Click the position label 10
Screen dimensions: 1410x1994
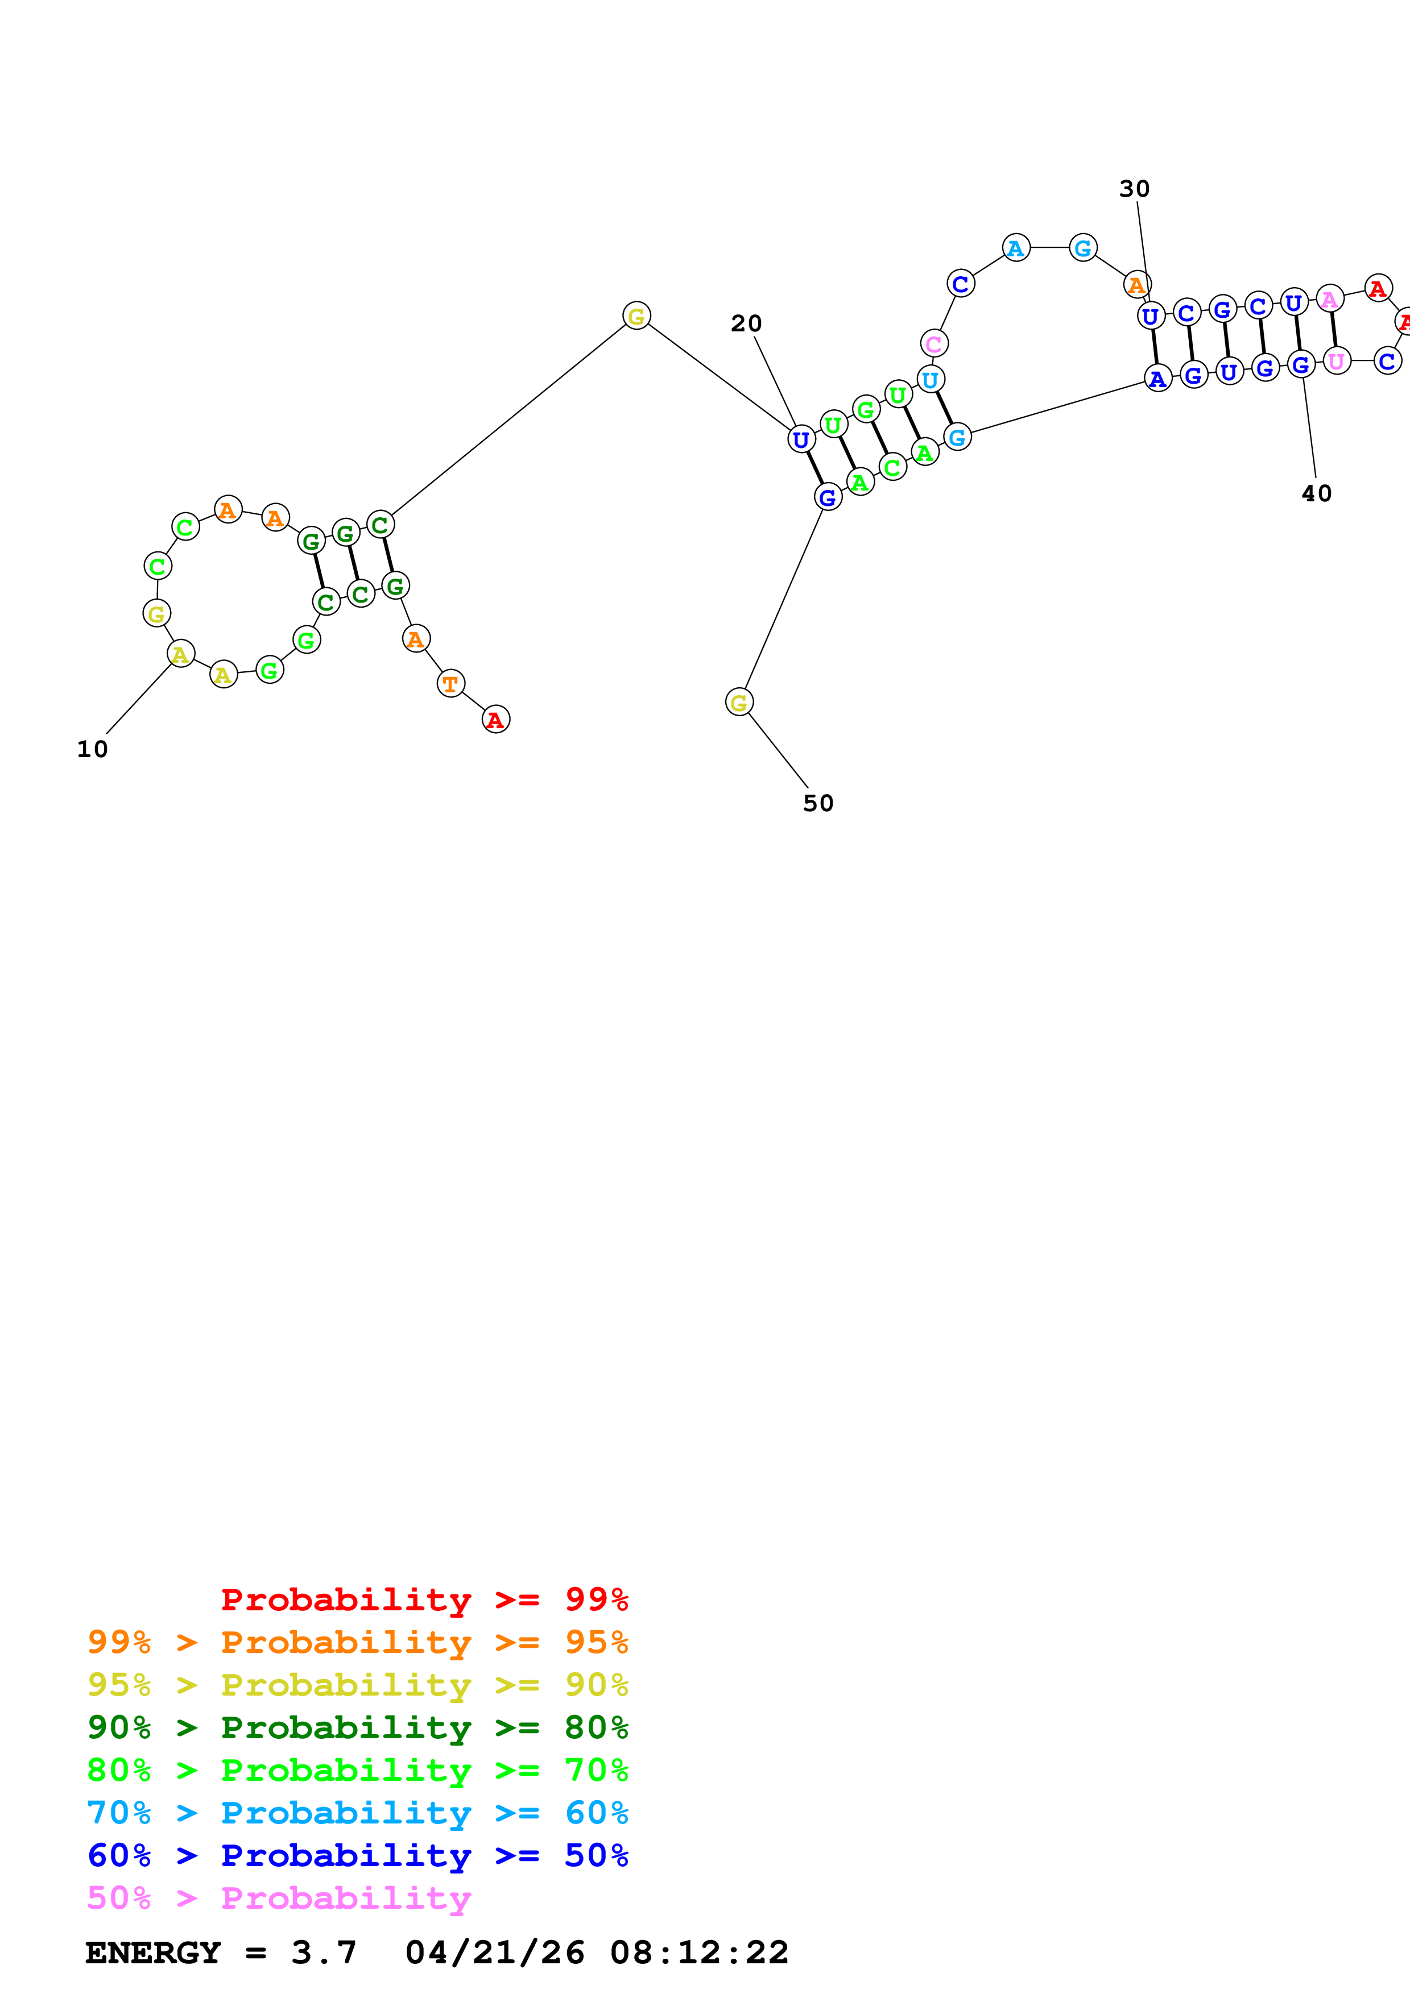tap(92, 749)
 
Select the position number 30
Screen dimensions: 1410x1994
tap(1134, 189)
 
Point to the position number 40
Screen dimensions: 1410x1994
tap(1316, 493)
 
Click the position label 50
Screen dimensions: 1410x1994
tap(817, 803)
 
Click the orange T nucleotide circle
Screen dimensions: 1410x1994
tap(450, 683)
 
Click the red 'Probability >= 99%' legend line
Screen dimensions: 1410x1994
tap(424, 1599)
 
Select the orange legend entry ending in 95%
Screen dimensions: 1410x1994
tap(357, 1642)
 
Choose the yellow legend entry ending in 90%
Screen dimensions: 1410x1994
tap(357, 1684)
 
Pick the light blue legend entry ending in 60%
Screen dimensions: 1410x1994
tap(357, 1813)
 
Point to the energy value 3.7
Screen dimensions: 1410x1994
tap(323, 1953)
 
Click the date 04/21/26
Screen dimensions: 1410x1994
tap(494, 1953)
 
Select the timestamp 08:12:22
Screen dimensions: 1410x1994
tap(698, 1953)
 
